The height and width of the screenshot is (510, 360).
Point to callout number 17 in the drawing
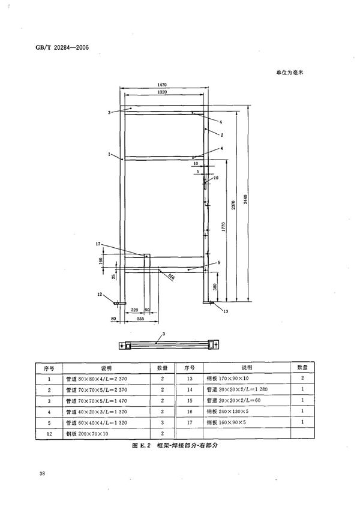[x=97, y=244]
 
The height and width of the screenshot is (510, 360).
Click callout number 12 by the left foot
[x=101, y=293]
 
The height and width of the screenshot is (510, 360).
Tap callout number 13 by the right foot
[x=225, y=311]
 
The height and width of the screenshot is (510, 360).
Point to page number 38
[x=43, y=475]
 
